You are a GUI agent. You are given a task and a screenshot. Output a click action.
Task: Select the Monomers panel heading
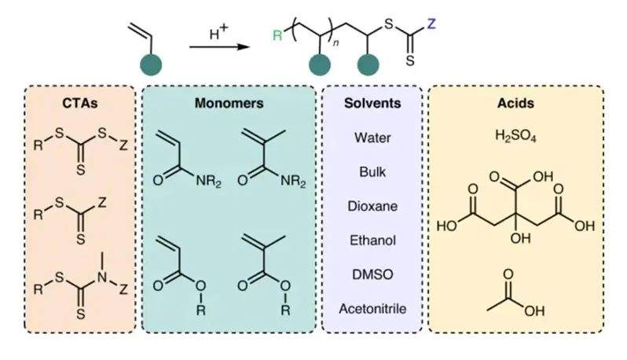tap(230, 103)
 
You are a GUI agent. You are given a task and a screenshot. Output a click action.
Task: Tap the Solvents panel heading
tap(372, 103)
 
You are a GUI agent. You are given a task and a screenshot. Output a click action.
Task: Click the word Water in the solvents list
tap(372, 138)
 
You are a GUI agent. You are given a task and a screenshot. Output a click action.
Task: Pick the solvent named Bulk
tap(372, 171)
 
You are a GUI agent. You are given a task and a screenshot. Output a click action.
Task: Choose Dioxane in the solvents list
tap(372, 206)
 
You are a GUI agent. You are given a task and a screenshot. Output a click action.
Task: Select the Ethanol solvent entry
tap(372, 240)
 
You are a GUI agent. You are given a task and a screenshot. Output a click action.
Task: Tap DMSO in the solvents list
tap(372, 274)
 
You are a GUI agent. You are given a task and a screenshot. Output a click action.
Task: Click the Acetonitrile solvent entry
tap(372, 308)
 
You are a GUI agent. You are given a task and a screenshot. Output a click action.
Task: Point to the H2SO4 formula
tap(515, 135)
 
